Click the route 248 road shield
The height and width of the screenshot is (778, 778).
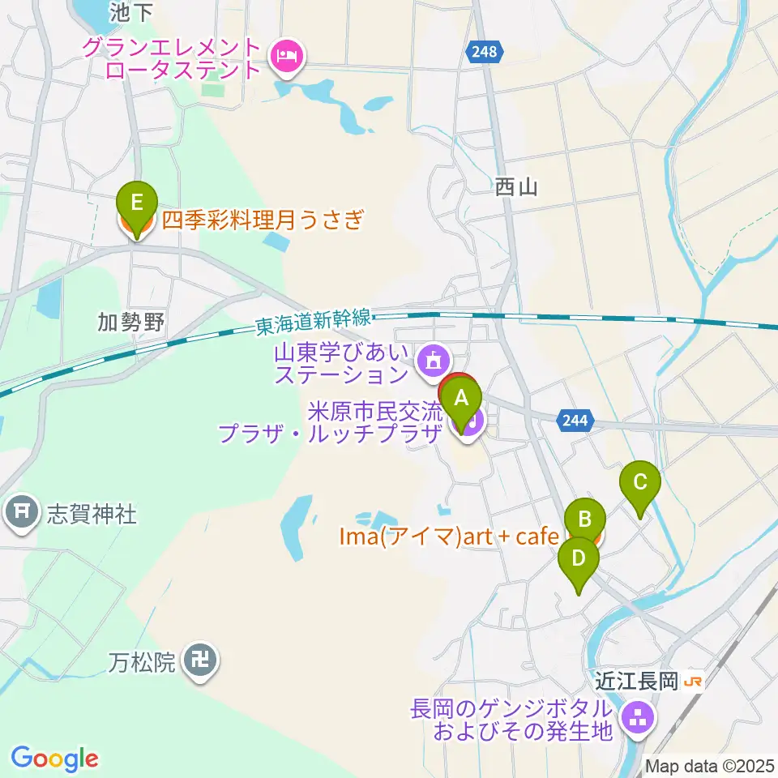[484, 52]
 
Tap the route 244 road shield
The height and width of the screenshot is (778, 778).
[576, 420]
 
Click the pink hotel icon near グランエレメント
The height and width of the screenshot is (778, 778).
[287, 57]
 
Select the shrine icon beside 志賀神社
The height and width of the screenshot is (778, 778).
[20, 511]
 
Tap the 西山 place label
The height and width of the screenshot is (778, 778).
[516, 188]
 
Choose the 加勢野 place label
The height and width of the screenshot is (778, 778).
[130, 324]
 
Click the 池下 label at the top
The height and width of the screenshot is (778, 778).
[131, 11]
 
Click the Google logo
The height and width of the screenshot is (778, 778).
[54, 759]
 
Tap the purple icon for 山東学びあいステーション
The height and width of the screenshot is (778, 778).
[430, 359]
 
